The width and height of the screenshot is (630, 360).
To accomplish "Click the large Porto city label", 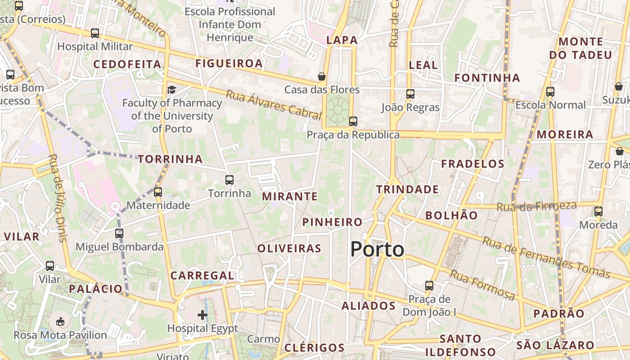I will [x=377, y=249].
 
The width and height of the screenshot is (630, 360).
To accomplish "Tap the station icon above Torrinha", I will [x=229, y=180].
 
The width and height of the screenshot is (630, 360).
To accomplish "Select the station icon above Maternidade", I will [x=157, y=192].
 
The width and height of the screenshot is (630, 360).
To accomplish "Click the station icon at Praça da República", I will [x=353, y=121].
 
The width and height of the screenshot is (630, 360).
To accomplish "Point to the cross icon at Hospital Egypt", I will [x=202, y=315].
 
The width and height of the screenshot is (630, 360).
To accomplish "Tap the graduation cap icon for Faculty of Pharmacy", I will [x=171, y=90].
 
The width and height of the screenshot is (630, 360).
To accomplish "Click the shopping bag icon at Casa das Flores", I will [x=322, y=76].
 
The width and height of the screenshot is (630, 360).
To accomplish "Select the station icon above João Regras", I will [x=410, y=94].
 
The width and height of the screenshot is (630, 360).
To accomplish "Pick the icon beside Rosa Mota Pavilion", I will [x=60, y=321].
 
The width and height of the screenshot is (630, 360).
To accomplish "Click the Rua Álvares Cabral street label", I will [x=274, y=104].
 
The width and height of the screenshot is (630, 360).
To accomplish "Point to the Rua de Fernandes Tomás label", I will [x=546, y=257].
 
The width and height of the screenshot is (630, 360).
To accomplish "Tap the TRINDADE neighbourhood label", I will [x=407, y=189].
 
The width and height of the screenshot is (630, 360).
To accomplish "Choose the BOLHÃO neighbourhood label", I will [x=451, y=215].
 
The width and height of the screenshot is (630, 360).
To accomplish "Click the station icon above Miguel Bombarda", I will [x=119, y=234].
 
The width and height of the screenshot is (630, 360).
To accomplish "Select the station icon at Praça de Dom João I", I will [x=429, y=286].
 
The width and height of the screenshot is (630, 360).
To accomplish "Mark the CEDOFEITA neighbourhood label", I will [x=127, y=64].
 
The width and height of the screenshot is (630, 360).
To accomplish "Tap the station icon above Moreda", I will [x=598, y=211].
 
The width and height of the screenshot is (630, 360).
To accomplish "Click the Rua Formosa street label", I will [x=482, y=285].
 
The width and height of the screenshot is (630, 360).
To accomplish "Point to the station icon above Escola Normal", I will [x=550, y=92].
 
